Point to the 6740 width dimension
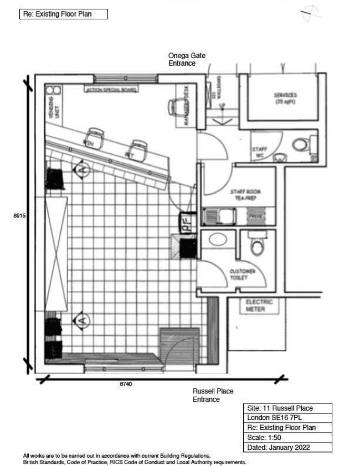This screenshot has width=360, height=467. click(x=126, y=384)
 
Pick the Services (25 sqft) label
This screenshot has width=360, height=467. click(x=285, y=98)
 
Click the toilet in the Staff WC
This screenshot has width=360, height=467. click(x=300, y=146)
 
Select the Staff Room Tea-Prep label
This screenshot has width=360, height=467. click(x=245, y=195)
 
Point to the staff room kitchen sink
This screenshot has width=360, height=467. click(x=213, y=216)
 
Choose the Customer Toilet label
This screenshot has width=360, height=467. click(x=242, y=274)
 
